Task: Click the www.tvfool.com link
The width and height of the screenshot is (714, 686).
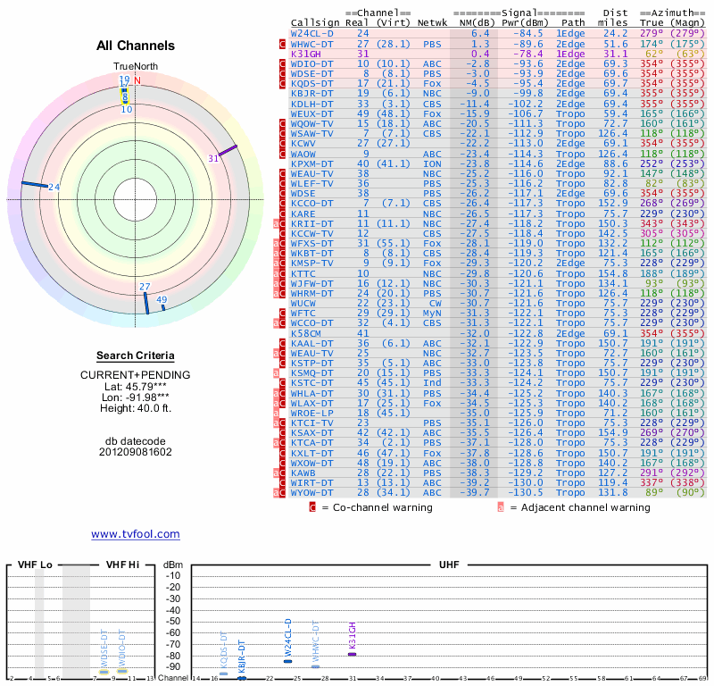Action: (x=135, y=534)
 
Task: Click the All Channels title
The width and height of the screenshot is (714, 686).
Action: (x=136, y=46)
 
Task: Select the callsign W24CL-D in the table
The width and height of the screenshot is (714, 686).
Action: (x=311, y=33)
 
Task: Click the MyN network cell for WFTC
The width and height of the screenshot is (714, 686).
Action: (x=431, y=313)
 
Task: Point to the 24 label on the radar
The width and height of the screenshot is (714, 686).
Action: (x=54, y=187)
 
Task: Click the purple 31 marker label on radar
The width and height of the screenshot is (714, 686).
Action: (x=213, y=158)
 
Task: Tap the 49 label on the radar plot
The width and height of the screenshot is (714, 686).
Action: (x=162, y=300)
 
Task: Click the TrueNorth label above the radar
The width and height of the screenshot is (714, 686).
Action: (x=135, y=67)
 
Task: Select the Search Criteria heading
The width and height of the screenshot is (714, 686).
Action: (x=135, y=356)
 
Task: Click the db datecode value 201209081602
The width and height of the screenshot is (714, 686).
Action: (x=135, y=452)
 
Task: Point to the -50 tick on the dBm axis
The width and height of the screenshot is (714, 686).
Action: (x=173, y=621)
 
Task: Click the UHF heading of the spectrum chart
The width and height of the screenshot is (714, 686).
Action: (x=449, y=565)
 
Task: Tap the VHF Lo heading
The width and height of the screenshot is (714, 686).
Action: (x=36, y=565)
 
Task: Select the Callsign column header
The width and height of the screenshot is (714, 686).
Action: (x=315, y=21)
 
